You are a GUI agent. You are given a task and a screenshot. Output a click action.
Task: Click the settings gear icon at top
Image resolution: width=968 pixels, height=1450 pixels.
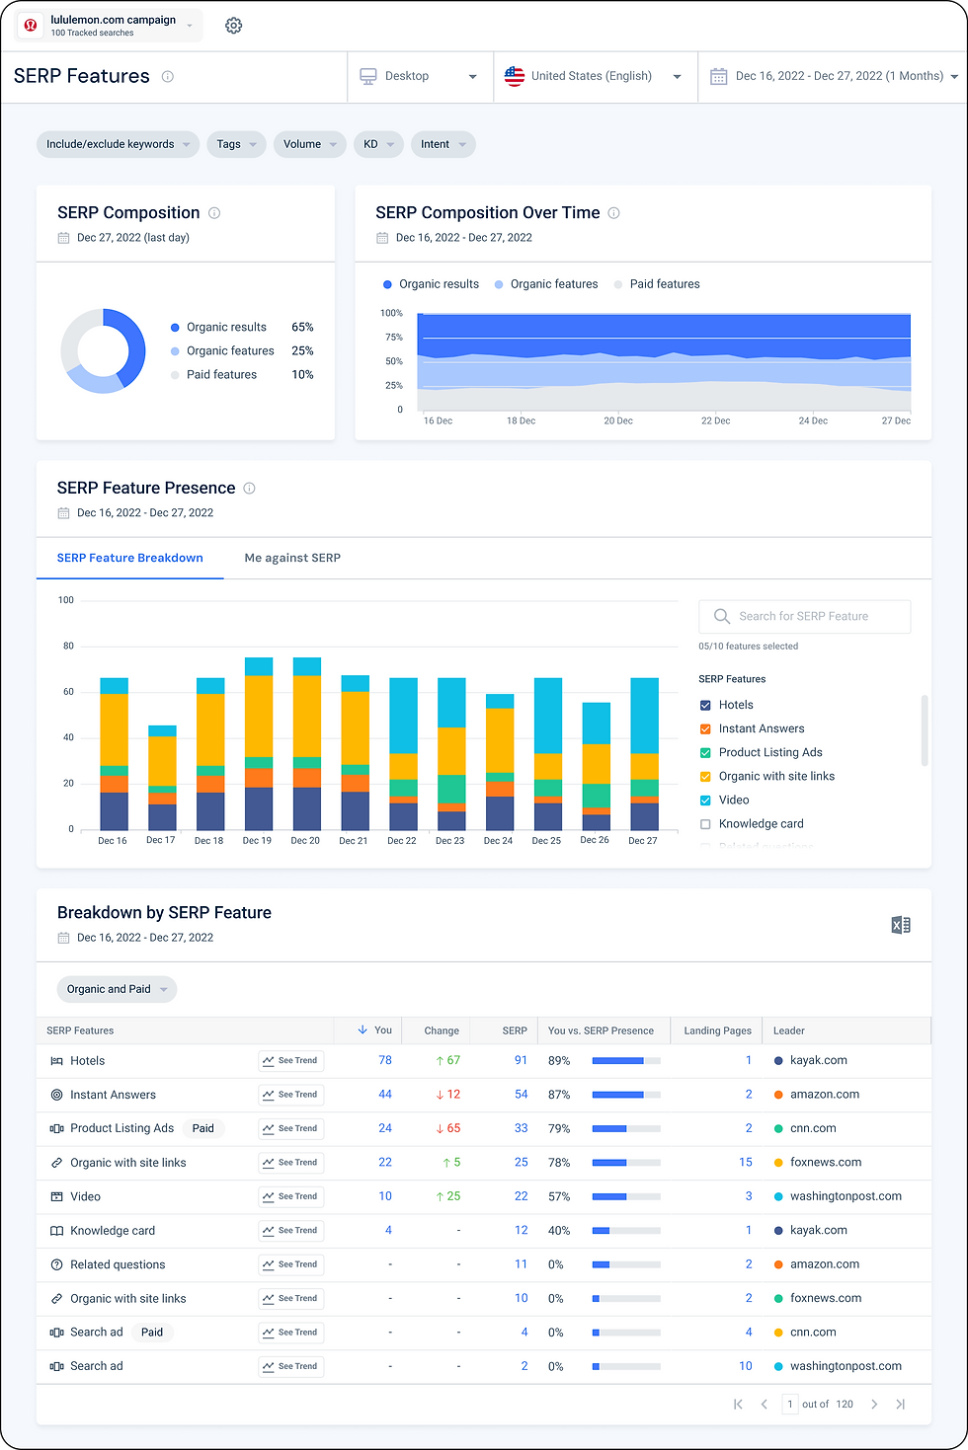[233, 26]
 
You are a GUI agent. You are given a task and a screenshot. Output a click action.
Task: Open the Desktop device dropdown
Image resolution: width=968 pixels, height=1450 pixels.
[419, 76]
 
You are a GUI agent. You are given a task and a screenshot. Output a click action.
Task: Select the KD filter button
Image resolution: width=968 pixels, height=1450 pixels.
[377, 144]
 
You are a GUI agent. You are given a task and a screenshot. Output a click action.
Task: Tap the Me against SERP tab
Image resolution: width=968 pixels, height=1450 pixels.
[292, 558]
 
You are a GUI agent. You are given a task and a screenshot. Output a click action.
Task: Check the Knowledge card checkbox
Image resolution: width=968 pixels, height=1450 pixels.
[705, 824]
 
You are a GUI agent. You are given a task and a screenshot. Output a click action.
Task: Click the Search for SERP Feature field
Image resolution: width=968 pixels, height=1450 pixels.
[804, 616]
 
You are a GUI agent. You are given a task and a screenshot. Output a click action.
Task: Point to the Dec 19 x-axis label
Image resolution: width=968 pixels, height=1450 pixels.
[257, 841]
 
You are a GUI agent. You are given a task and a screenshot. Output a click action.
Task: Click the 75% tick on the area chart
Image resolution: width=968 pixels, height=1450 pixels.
[393, 338]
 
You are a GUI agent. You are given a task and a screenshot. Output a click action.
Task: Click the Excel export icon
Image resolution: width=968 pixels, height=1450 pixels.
[901, 925]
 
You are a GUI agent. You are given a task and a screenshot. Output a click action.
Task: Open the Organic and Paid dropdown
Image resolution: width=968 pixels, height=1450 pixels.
[117, 989]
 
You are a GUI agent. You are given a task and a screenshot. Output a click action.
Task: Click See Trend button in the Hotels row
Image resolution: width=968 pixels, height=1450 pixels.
[291, 1061]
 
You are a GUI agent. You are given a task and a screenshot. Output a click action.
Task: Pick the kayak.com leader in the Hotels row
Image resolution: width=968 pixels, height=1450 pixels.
[818, 1060]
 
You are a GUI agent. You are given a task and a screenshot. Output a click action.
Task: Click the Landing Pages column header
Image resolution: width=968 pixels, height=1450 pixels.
[717, 1030]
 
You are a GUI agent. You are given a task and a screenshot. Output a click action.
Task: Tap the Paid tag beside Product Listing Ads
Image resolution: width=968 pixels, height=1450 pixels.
[203, 1128]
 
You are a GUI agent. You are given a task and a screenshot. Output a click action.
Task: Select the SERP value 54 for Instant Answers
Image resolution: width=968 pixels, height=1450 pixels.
[521, 1095]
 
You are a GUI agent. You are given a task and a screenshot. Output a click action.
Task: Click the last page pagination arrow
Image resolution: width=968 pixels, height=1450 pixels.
[900, 1404]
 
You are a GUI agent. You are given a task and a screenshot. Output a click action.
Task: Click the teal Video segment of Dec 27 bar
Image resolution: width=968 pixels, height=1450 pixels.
[645, 716]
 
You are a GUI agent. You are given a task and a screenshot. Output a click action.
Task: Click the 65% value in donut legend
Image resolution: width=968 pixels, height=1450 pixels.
[302, 327]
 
